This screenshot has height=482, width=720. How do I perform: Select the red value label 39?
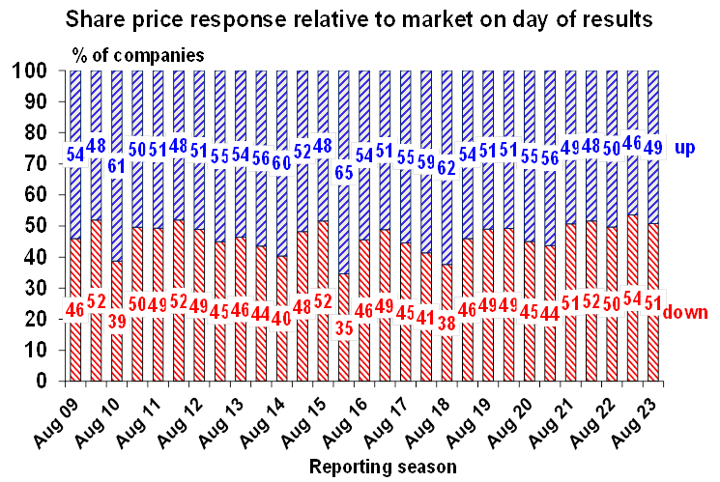117,320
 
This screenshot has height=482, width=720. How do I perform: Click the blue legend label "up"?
685,148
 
